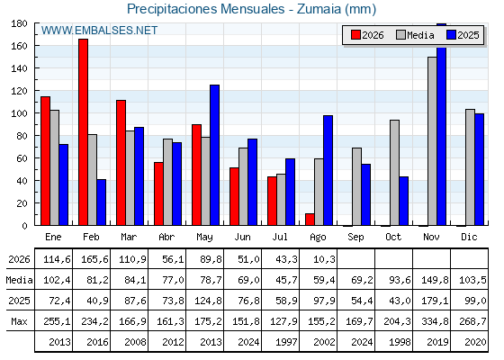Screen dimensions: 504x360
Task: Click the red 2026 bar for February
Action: tap(83, 132)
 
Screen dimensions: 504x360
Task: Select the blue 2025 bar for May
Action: tap(215, 155)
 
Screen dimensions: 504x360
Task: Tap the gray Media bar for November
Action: tap(432, 141)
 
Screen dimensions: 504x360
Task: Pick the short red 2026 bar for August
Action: tap(310, 220)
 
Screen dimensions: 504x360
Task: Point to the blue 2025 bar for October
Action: tap(404, 201)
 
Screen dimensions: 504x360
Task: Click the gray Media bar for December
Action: tap(470, 167)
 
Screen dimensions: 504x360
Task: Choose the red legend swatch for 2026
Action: tap(355, 35)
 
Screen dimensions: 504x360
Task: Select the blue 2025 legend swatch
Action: tap(452, 35)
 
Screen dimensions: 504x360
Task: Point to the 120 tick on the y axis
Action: tap(19, 91)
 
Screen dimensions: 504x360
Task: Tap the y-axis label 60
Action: tap(22, 158)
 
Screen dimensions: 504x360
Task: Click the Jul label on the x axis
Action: tap(280, 237)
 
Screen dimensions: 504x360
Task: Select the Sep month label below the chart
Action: tap(355, 238)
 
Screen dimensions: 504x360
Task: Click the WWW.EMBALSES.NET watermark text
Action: tap(99, 31)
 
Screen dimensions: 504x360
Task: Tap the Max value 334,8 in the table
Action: tap(435, 321)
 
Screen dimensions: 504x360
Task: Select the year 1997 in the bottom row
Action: tap(286, 342)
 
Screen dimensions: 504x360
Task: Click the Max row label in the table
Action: tap(19, 321)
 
